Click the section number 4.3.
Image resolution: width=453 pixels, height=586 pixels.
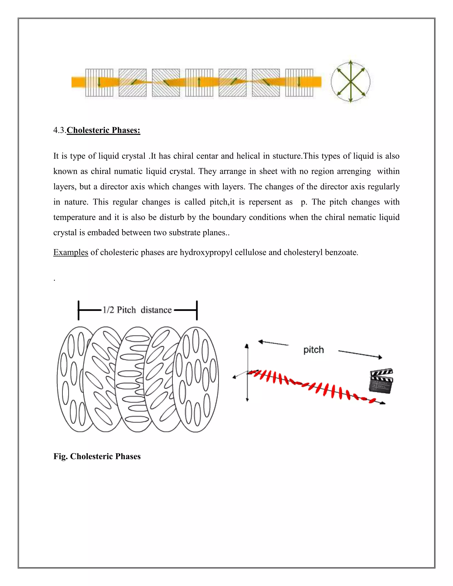point(59,130)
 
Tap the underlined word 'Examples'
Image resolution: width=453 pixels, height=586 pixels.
point(71,252)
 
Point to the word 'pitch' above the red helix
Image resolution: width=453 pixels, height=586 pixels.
point(313,350)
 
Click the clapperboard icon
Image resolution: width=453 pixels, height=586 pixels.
point(381,381)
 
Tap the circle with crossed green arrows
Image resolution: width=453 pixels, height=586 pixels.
point(351,82)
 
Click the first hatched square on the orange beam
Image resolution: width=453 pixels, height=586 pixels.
point(99,83)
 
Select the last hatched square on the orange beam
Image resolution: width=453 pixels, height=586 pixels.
point(299,83)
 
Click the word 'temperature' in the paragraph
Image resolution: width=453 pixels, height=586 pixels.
point(74,217)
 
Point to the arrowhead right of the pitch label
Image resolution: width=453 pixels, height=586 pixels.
point(380,357)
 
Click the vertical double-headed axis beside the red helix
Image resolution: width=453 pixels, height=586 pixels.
point(247,373)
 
